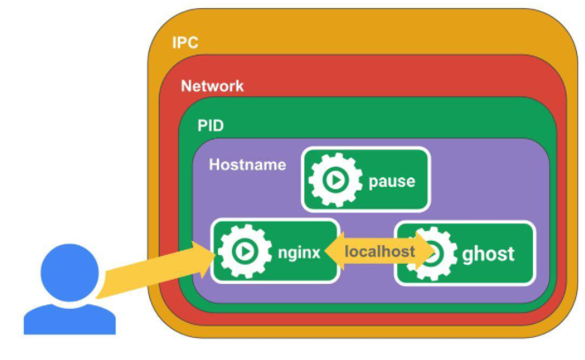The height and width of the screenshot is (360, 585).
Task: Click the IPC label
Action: (185, 42)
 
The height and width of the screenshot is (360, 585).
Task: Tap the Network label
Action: (213, 86)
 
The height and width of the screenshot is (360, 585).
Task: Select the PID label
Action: (210, 125)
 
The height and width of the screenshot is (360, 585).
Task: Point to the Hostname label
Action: (247, 164)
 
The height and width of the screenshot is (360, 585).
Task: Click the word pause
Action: (392, 182)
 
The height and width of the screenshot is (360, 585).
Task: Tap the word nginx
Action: (299, 253)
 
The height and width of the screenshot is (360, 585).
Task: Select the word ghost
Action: (488, 254)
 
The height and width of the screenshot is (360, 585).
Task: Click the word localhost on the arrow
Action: (379, 251)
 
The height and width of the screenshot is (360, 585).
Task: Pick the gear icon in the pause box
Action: (335, 180)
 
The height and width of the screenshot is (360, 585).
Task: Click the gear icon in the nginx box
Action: (244, 251)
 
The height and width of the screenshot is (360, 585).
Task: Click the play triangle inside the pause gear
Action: (336, 180)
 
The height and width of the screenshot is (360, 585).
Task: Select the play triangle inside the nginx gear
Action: (245, 251)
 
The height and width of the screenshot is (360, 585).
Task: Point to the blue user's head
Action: (70, 273)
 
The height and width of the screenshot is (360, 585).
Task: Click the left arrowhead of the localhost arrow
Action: (334, 251)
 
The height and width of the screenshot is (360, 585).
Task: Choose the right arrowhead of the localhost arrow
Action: (425, 251)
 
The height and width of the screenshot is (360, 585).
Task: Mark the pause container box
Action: (366, 179)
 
